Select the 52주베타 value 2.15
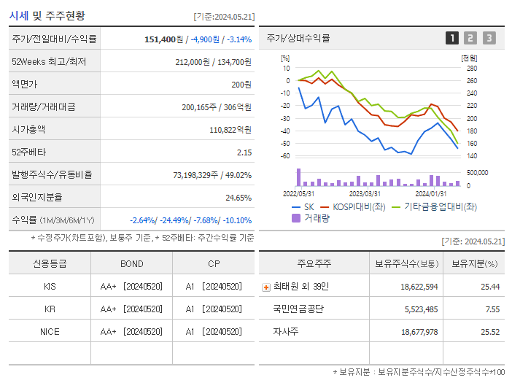244,152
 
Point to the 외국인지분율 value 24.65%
238,198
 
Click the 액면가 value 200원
241,85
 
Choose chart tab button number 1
452,39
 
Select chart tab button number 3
489,39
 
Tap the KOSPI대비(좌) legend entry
353,206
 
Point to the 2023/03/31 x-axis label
365,194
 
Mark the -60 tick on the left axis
285,156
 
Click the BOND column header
131,264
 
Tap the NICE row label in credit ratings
50,332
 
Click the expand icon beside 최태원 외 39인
266,287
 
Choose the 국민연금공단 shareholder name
298,309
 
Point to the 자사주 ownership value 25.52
489,332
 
